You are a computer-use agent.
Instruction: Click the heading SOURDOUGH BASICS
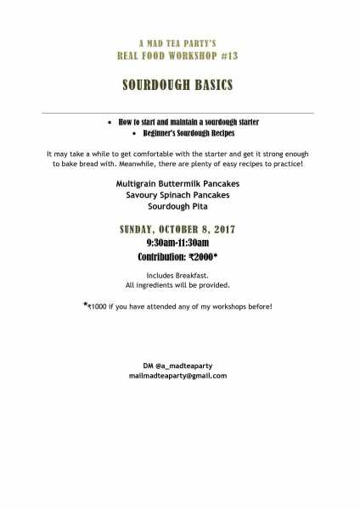pyautogui.click(x=177, y=87)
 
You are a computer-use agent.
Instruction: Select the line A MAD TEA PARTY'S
pyautogui.click(x=177, y=42)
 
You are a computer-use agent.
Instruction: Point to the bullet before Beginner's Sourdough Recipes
pyautogui.click(x=134, y=134)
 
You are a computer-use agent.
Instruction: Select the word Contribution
pyautogui.click(x=160, y=255)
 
